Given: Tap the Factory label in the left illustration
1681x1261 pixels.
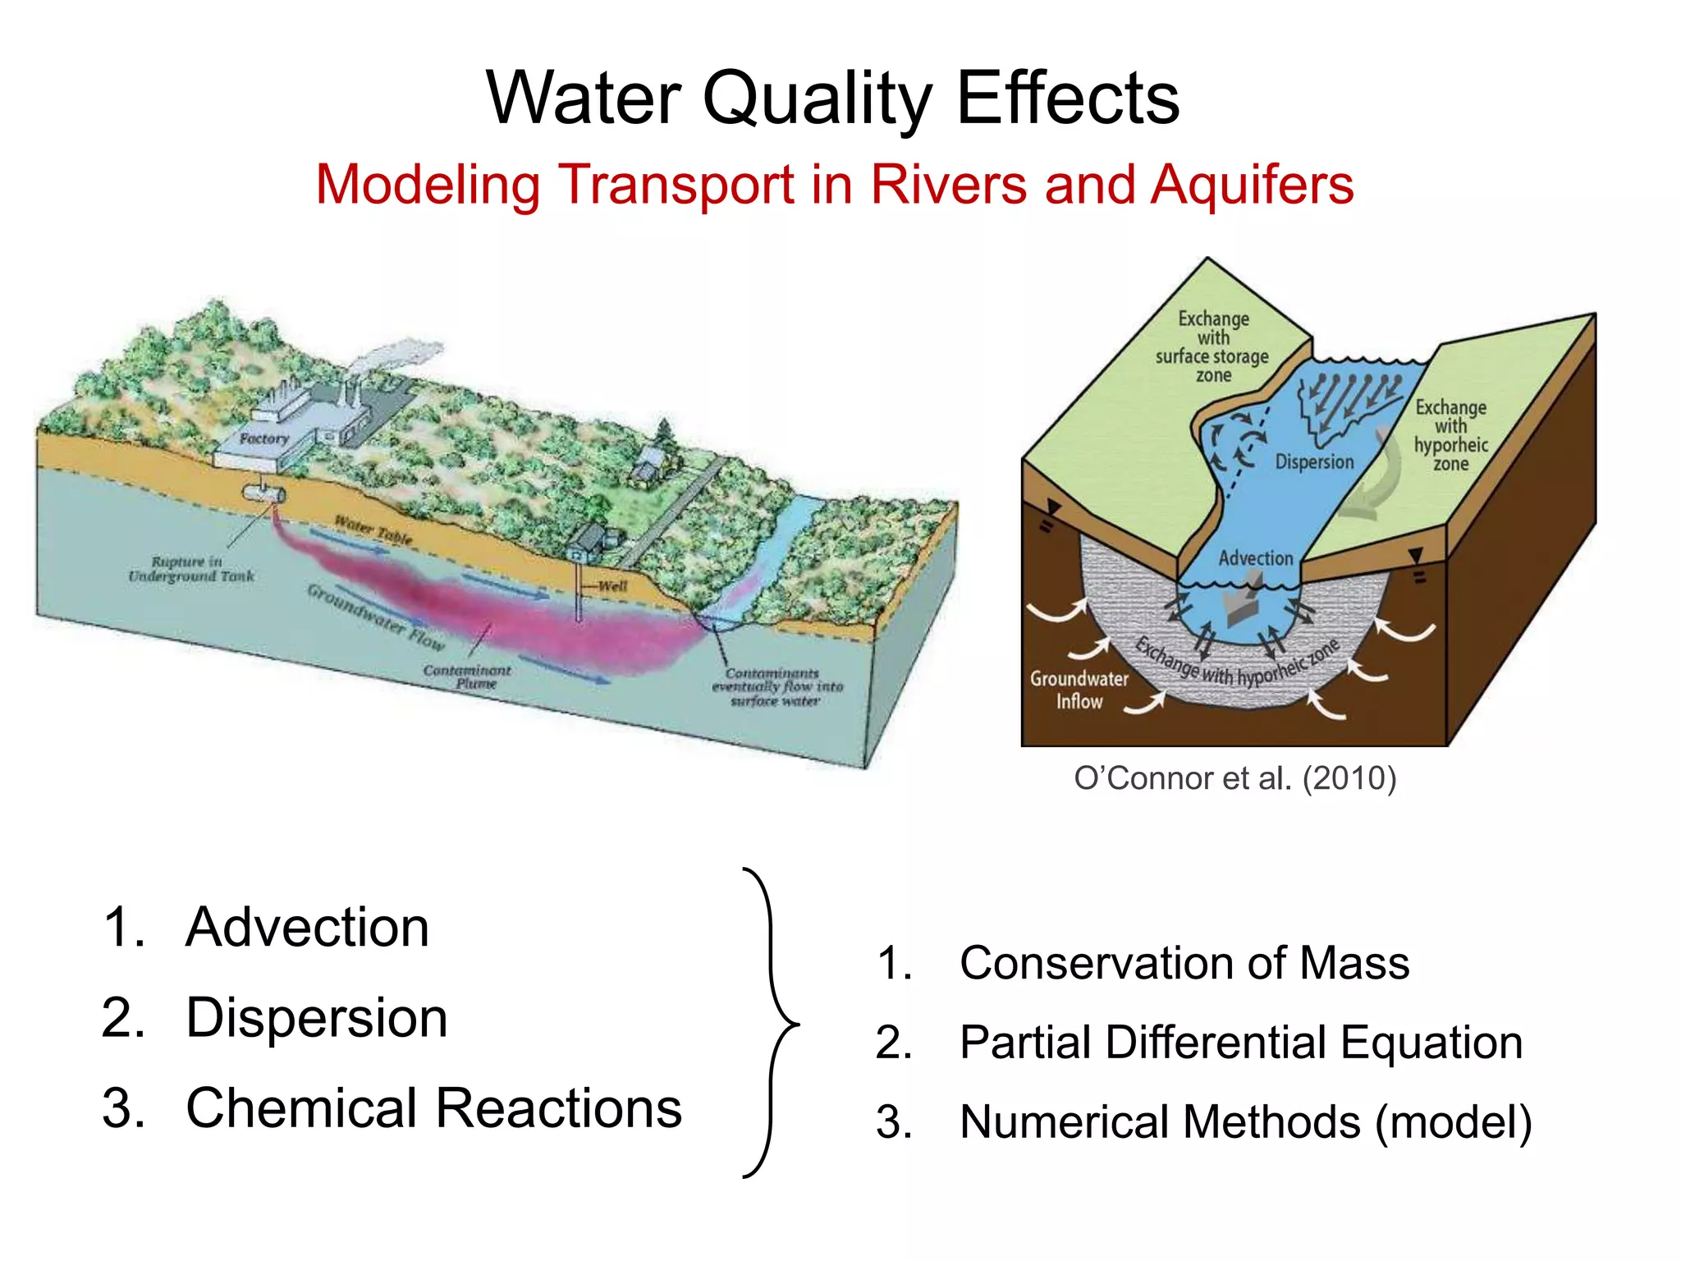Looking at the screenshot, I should (264, 439).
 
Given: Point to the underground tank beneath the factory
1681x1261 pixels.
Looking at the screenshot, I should (263, 493).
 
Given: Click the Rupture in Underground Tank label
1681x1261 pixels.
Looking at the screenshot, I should (190, 569).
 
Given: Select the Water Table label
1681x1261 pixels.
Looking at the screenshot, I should (373, 530).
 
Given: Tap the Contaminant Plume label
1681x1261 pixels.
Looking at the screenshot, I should (467, 677).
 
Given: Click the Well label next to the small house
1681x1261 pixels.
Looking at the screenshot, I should (611, 586).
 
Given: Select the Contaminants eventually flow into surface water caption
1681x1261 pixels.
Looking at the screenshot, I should (776, 687).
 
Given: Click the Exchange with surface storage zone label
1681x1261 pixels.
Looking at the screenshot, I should (1212, 346).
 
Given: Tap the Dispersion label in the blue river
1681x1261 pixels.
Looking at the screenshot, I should (1313, 462).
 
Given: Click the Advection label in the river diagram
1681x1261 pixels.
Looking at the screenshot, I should (1255, 558).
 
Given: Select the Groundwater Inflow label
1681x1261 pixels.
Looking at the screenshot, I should (1079, 690).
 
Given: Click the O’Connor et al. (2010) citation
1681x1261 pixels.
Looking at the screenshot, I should (1234, 778).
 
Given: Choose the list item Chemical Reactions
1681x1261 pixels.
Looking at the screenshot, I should (433, 1108).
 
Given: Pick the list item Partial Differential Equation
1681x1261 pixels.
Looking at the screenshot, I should (1240, 1043).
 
